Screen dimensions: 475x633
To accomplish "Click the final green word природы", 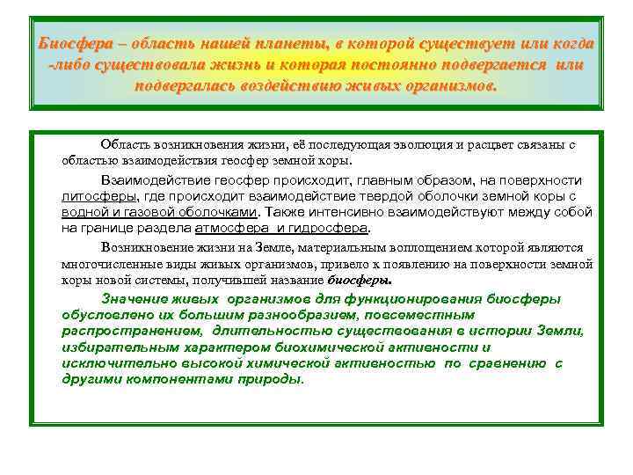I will [273, 378].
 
